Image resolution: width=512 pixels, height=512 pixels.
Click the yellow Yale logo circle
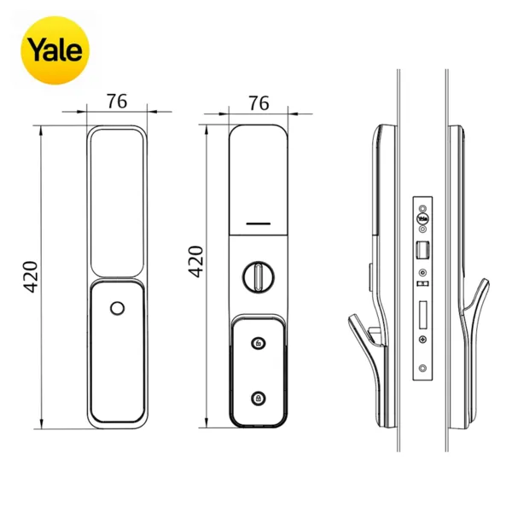coord(55,50)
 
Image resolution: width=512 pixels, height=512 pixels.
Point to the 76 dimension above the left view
coord(117,102)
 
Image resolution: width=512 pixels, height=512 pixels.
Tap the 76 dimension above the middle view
coord(259,103)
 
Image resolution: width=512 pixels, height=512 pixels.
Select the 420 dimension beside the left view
coord(32,276)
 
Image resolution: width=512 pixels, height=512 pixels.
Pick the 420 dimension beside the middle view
coord(196,262)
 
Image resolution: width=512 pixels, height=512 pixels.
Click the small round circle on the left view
coord(118,308)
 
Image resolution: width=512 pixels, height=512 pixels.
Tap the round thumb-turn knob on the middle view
coord(259,276)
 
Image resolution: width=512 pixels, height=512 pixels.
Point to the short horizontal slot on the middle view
coord(259,224)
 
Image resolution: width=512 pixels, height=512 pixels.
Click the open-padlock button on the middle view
coord(259,343)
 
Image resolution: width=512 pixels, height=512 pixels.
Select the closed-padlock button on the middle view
coord(259,399)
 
